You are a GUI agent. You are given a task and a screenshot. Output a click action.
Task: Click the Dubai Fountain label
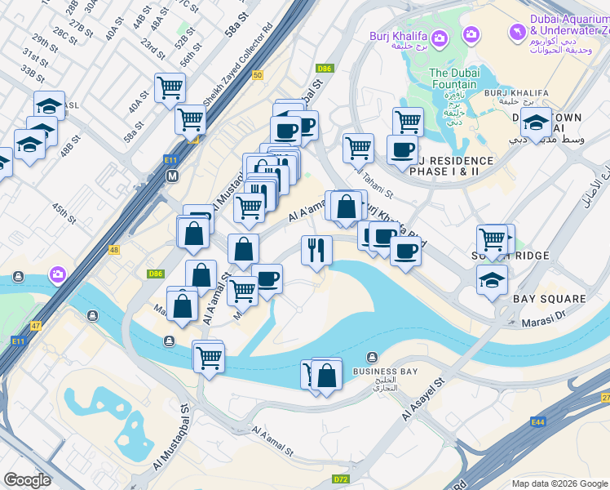(453, 78)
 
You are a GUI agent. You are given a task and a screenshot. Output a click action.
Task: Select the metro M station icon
(172, 176)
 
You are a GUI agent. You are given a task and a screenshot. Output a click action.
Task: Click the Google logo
(26, 480)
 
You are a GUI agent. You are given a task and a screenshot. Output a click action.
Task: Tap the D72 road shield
(341, 479)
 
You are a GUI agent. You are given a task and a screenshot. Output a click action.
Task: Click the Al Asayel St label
(422, 399)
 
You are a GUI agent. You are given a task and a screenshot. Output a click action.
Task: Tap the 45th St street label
(64, 214)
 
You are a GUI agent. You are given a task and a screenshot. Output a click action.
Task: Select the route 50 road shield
(258, 75)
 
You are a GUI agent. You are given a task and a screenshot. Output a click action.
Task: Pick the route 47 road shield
(36, 325)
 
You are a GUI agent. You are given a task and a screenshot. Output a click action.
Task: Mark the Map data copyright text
(558, 483)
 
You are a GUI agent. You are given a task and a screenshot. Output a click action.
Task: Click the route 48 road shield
(113, 249)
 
